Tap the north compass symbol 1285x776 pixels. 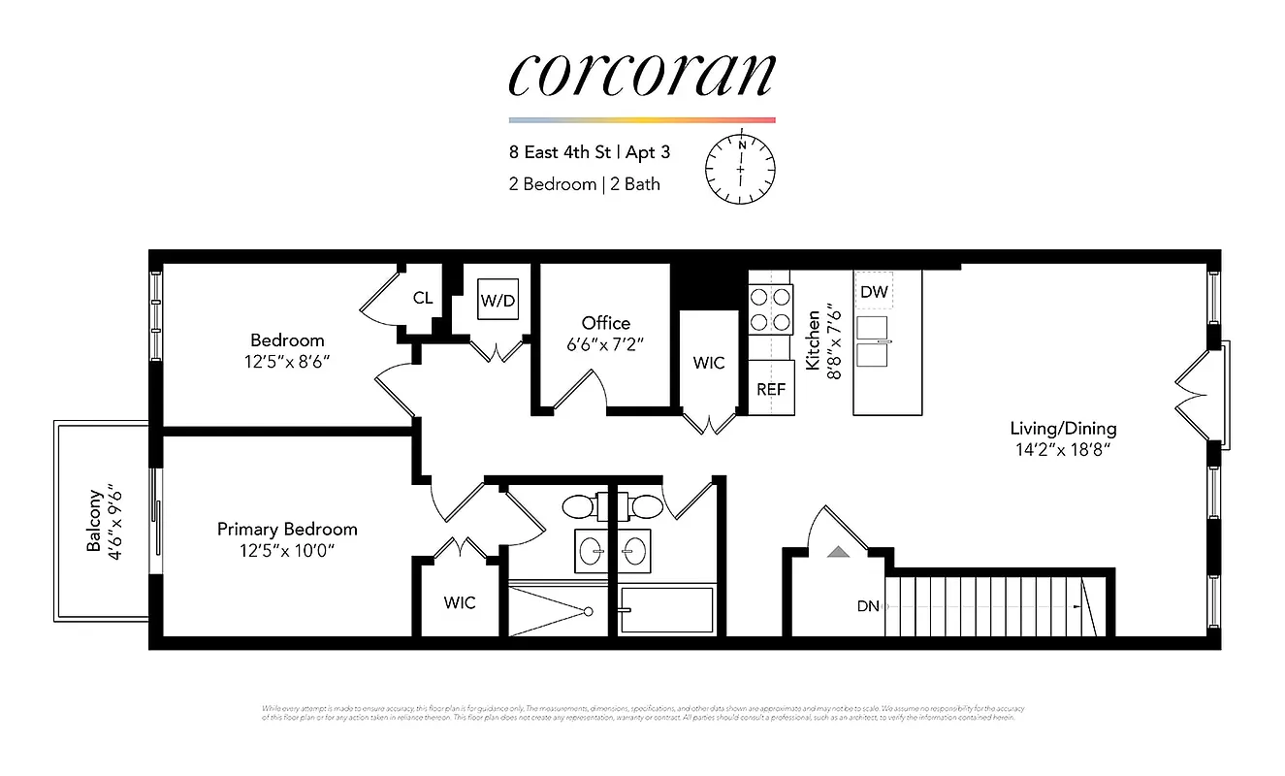click(740, 168)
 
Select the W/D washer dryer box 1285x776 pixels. click(498, 301)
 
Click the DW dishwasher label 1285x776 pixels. click(873, 291)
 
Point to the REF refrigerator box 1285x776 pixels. click(771, 389)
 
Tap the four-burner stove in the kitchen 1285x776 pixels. click(771, 308)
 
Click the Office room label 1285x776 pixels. click(605, 323)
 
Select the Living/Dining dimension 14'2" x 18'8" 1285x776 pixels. click(1063, 449)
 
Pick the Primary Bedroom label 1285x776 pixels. click(287, 529)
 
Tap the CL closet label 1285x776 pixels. click(423, 298)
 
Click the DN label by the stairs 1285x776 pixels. click(867, 606)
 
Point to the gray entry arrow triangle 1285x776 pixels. click(838, 552)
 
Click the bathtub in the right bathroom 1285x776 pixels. click(667, 610)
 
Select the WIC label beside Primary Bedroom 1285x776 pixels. click(460, 602)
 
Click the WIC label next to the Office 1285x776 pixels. click(708, 363)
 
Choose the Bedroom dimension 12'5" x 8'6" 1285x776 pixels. click(287, 361)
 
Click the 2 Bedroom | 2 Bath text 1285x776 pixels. click(584, 183)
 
